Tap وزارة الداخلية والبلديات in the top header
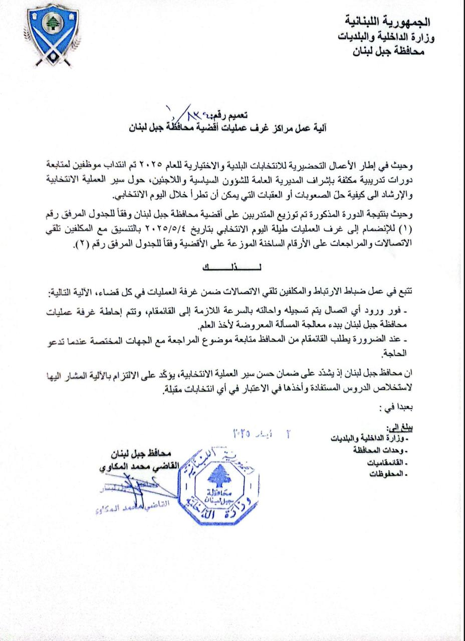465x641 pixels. (x=382, y=37)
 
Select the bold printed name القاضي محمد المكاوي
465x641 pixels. (x=122, y=467)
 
